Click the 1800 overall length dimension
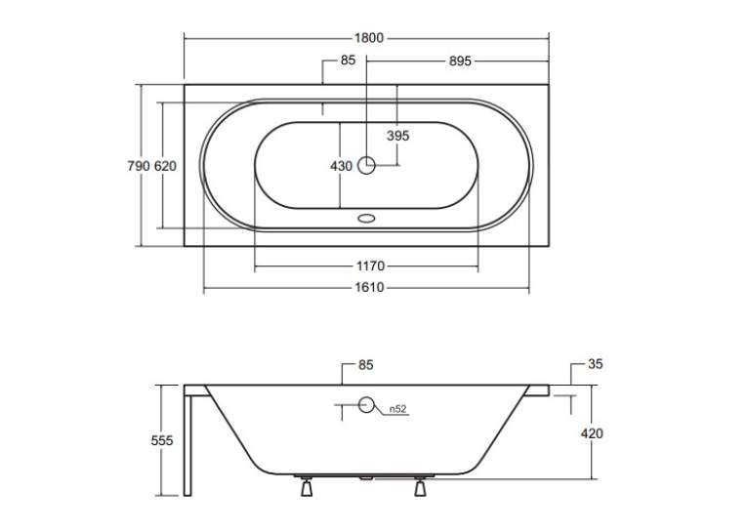[x=369, y=38]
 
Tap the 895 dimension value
[x=460, y=61]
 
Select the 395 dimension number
[x=397, y=136]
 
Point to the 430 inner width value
[x=341, y=166]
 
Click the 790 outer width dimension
[x=139, y=166]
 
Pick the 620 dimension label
[x=165, y=166]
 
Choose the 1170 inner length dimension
[x=370, y=266]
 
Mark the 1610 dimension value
[x=369, y=287]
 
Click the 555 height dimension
[x=162, y=440]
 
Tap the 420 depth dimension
[x=592, y=433]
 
